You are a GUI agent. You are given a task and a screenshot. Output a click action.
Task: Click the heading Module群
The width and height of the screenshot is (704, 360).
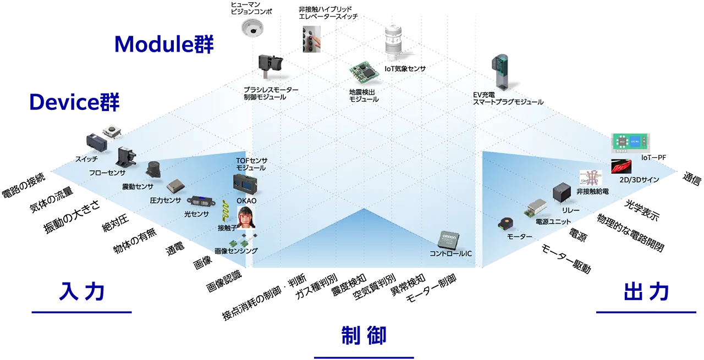(164, 44)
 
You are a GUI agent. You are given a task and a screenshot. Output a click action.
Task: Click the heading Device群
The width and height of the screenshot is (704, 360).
(74, 102)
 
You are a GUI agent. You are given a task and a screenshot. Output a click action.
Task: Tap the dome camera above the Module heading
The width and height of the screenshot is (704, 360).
(252, 27)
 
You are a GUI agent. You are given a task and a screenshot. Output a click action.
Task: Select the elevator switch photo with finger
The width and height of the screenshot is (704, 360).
(311, 39)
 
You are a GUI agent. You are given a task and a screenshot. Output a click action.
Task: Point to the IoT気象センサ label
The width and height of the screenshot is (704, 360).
(405, 69)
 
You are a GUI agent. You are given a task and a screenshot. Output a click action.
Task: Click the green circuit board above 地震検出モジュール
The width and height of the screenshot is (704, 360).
(364, 73)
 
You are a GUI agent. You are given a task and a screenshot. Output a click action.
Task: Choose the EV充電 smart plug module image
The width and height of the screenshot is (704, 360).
(500, 72)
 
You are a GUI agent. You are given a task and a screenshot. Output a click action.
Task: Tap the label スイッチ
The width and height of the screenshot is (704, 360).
(86, 159)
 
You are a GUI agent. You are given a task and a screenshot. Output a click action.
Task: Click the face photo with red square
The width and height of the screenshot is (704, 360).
(246, 217)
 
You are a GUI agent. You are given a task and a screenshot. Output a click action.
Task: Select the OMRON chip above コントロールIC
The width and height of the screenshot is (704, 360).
(449, 240)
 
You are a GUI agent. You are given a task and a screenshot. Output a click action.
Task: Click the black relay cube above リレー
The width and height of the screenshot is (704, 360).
(562, 192)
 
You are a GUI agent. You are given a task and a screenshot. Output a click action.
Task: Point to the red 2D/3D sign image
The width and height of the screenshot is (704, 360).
(621, 166)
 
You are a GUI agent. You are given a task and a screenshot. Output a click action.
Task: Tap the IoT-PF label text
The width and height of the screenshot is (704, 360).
(653, 157)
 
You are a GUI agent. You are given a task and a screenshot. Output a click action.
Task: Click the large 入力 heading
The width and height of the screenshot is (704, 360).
(82, 291)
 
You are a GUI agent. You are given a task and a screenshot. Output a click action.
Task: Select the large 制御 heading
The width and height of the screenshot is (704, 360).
(364, 335)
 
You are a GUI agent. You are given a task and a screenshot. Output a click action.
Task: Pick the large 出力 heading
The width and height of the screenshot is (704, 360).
(646, 291)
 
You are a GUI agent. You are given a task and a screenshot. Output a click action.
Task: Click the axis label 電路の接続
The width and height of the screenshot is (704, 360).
(24, 185)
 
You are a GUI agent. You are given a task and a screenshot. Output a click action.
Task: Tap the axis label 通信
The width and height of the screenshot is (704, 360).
(692, 179)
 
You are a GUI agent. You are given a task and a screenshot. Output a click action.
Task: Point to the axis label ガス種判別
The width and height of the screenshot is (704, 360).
(316, 286)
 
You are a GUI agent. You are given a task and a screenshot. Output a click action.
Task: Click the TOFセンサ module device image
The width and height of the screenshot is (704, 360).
(245, 185)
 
